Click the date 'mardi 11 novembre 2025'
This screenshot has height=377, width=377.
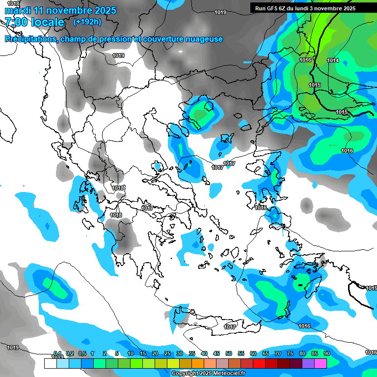coord(60,10)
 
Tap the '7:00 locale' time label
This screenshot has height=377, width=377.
coord(34,22)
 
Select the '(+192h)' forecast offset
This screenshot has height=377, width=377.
coord(87,22)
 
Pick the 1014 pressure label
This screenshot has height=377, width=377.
coord(333,60)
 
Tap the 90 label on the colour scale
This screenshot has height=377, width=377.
coord(326,353)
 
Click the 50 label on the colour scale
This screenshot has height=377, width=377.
coord(228,353)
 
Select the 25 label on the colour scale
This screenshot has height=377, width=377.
coord(167,353)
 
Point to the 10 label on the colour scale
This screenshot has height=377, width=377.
coord(130,353)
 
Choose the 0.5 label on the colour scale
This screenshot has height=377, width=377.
coord(81,353)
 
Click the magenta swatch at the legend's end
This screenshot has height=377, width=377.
coord(321,363)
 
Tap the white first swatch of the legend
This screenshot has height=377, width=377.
coord(50,363)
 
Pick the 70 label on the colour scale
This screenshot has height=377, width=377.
coord(277,353)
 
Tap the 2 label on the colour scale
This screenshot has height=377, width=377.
coord(105,353)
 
